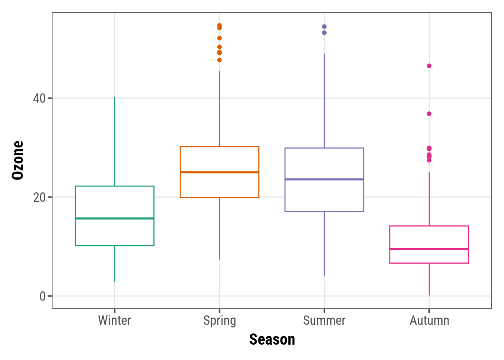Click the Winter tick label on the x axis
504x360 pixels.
114,321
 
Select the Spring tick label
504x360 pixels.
219,321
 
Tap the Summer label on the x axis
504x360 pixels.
324,321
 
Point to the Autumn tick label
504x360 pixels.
429,321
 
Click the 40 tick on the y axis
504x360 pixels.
39,99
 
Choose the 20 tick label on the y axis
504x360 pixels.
39,197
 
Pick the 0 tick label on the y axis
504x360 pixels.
42,296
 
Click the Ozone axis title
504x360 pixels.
18,160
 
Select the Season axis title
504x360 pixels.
272,340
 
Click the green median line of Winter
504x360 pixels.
114,218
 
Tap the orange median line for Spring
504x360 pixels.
219,172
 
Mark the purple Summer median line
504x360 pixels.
324,179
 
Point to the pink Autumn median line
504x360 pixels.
429,249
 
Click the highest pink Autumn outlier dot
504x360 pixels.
429,66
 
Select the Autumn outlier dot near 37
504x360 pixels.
429,114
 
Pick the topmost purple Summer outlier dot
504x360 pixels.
324,27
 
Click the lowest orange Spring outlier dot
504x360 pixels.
219,60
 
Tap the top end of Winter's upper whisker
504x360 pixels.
114,97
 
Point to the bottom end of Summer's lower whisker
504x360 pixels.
324,276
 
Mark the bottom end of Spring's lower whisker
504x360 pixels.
219,259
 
